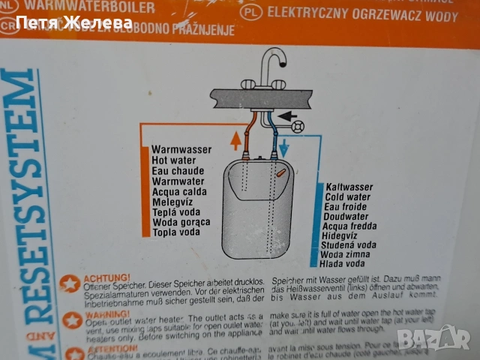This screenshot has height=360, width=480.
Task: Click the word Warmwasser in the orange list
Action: point(181,150)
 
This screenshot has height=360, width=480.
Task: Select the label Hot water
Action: point(175,160)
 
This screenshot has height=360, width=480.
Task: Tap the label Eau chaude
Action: point(178,171)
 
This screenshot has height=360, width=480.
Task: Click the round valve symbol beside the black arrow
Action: point(301,126)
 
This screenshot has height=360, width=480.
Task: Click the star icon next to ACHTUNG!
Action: point(71,284)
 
